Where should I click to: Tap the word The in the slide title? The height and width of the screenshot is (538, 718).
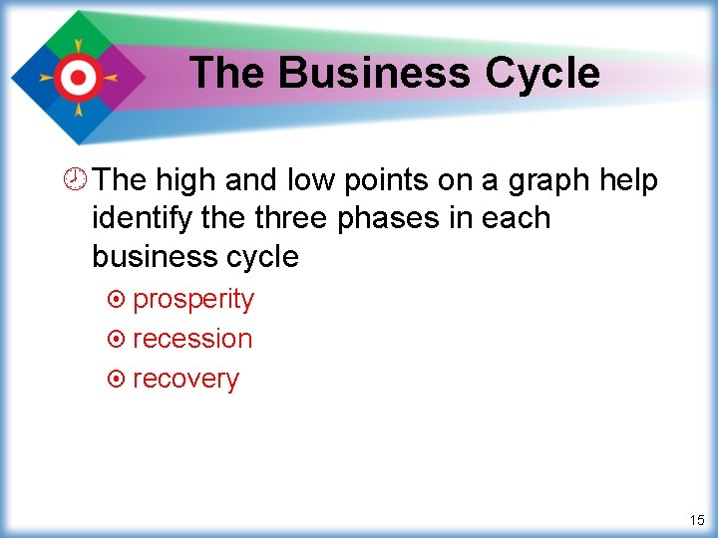click(228, 73)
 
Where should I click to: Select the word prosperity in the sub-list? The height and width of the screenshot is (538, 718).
click(193, 300)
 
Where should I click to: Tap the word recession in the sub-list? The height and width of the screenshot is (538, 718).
click(192, 339)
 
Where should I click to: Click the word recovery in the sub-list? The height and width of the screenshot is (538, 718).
click(185, 380)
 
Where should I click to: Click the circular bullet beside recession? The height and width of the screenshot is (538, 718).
click(116, 340)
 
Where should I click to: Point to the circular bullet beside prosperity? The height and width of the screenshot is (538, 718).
click(116, 300)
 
